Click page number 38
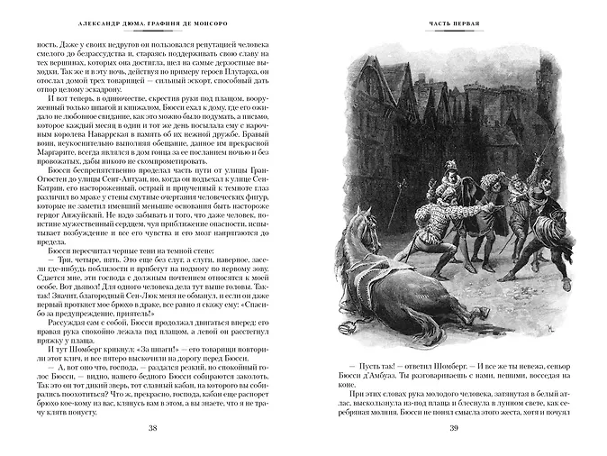(x=152, y=426)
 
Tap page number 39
(x=454, y=426)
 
